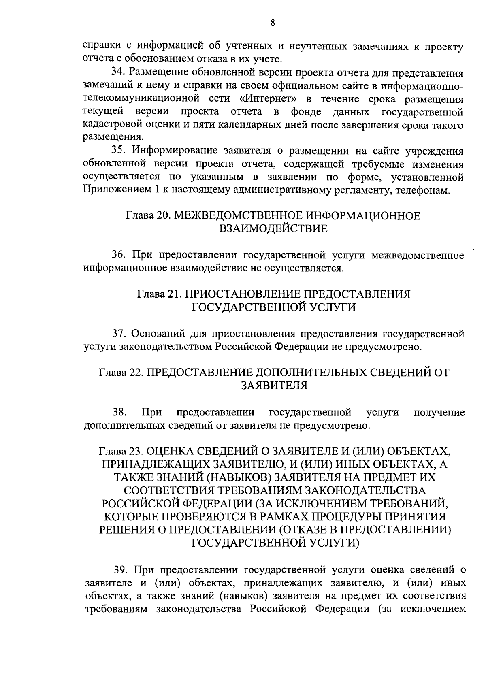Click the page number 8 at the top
(x=273, y=23)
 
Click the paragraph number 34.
(x=119, y=72)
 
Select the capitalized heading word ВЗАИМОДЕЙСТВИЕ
(x=273, y=229)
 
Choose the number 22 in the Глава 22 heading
(x=134, y=373)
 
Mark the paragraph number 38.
(x=119, y=412)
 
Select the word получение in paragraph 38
(x=439, y=412)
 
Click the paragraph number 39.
(x=122, y=569)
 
